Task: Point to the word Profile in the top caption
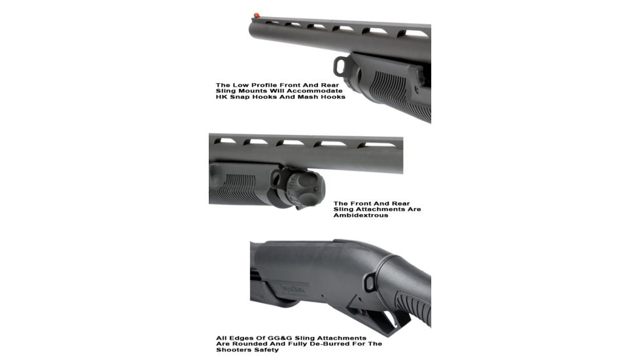pos(262,84)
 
